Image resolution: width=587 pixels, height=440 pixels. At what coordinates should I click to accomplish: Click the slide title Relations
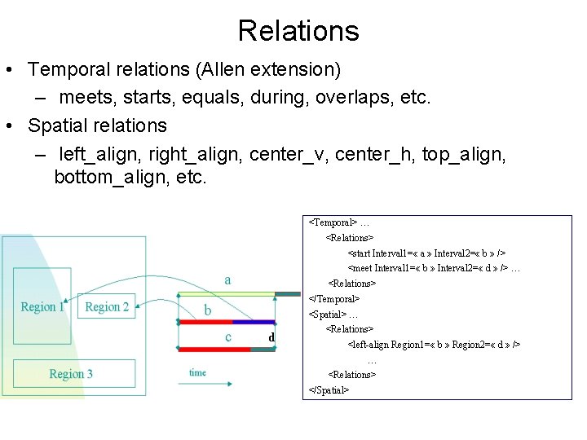pyautogui.click(x=298, y=31)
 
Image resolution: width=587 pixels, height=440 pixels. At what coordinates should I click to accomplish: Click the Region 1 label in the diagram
pyautogui.click(x=42, y=307)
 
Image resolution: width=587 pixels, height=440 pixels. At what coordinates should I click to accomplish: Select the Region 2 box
pyautogui.click(x=107, y=306)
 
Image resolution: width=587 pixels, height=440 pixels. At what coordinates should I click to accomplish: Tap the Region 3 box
pyautogui.click(x=71, y=374)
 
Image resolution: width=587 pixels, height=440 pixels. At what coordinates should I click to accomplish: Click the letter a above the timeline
pyautogui.click(x=227, y=280)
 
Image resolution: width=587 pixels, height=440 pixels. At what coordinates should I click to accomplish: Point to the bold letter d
pyautogui.click(x=271, y=337)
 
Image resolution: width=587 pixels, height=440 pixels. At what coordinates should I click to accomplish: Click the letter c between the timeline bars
pyautogui.click(x=227, y=336)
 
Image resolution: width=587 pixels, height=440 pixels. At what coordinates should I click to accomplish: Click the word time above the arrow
pyautogui.click(x=197, y=372)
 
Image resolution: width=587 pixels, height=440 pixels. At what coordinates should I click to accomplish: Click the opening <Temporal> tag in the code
pyautogui.click(x=332, y=222)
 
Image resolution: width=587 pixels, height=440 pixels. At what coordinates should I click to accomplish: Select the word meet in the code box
pyautogui.click(x=360, y=268)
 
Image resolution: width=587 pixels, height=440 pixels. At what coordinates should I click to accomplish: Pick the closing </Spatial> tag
pyautogui.click(x=329, y=390)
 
